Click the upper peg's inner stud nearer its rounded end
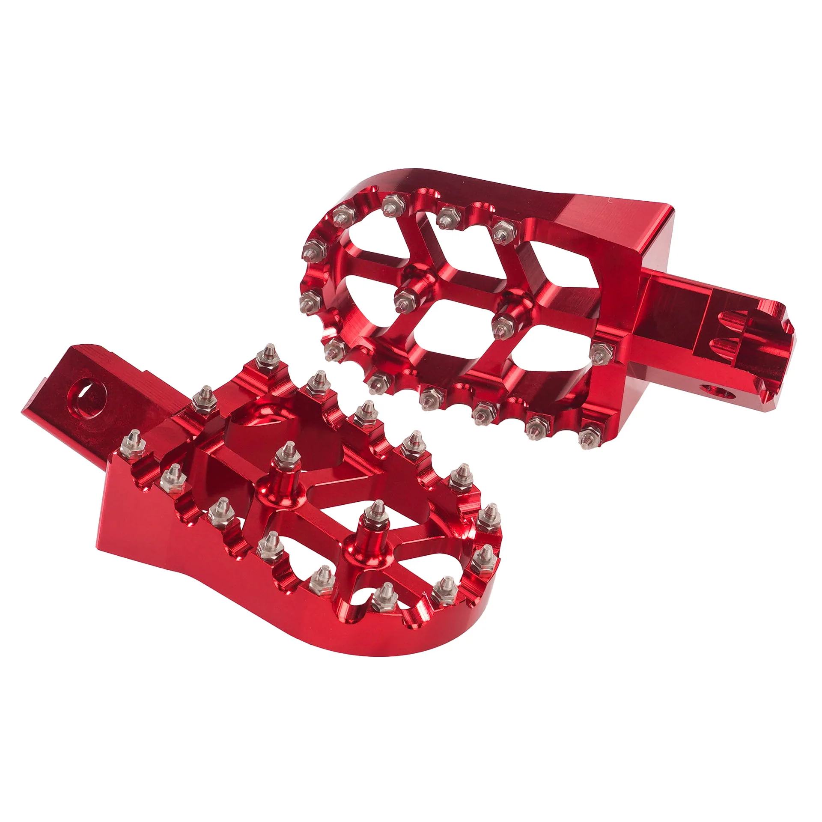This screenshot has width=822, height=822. pyautogui.click(x=402, y=300)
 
